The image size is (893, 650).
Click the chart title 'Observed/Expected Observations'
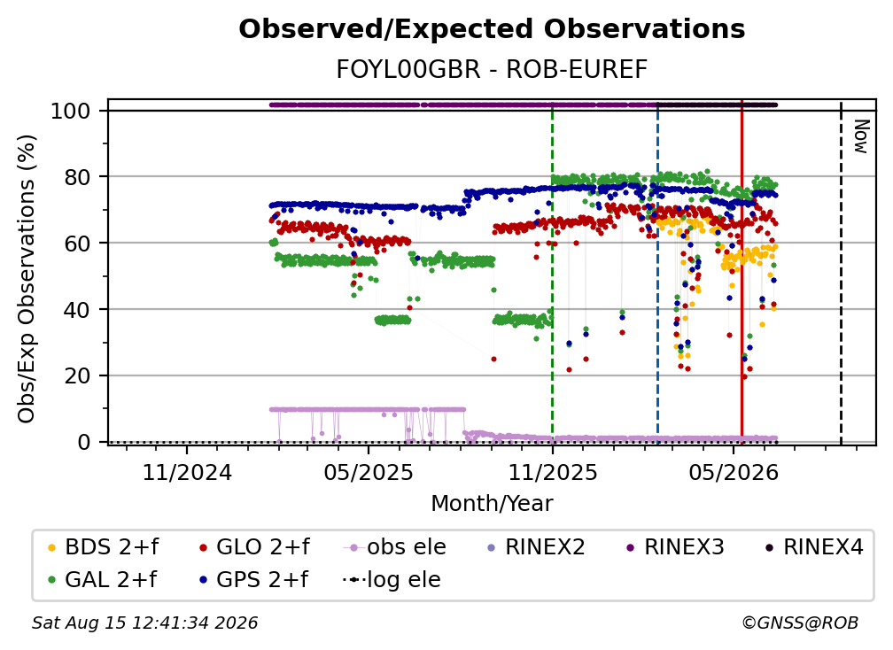492,29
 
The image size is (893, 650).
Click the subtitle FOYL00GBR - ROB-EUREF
492,70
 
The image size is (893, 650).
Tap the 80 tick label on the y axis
77,177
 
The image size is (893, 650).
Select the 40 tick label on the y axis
77,310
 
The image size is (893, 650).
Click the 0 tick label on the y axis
84,442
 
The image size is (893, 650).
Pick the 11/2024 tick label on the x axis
187,472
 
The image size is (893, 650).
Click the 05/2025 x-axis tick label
369,472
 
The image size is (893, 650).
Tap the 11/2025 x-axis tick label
553,472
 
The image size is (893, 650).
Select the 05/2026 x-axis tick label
734,472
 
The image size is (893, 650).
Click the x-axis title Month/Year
492,504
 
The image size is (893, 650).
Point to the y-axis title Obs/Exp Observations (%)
27,279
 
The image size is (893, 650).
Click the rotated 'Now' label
860,136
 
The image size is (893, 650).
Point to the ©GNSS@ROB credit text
800,623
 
